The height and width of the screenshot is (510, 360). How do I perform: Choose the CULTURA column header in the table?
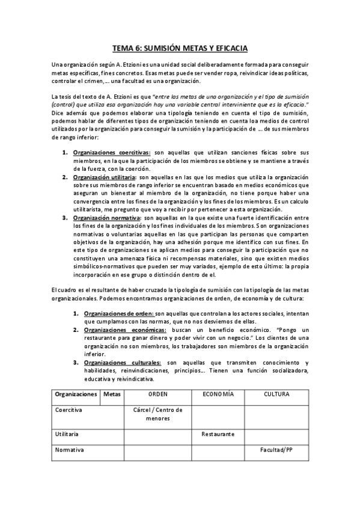(x=277, y=395)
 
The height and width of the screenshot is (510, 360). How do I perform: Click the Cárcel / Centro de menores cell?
(x=157, y=414)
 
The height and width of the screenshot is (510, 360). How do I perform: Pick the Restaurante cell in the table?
(x=218, y=433)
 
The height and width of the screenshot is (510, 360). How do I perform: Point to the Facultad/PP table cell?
(x=276, y=449)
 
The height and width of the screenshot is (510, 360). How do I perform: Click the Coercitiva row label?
(x=69, y=410)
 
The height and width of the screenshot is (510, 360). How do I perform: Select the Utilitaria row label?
(x=67, y=433)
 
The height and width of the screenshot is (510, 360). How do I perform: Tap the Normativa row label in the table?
(x=69, y=449)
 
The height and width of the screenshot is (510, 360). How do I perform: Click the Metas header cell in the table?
(x=112, y=395)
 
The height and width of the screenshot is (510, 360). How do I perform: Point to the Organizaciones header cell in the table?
(x=76, y=395)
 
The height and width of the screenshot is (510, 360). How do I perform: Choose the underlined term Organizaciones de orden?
(x=118, y=313)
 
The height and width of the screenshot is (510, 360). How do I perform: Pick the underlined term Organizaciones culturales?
(x=122, y=363)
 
